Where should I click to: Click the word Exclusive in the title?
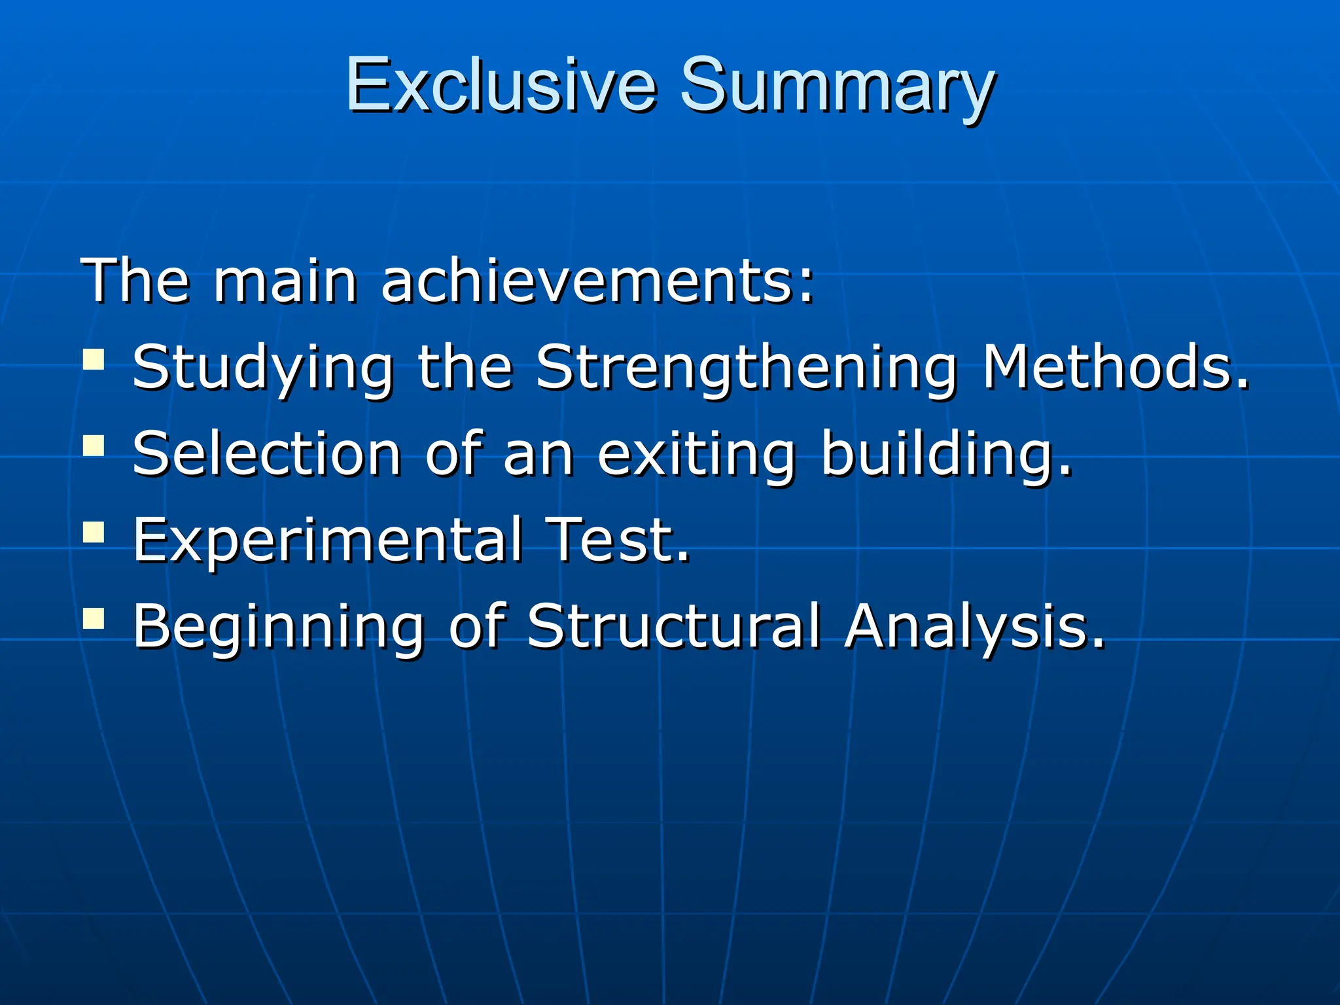[501, 85]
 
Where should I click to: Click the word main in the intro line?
[285, 281]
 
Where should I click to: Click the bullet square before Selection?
[94, 446]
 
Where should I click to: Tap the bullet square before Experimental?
[94, 532]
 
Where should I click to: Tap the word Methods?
[1116, 368]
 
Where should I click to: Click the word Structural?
[673, 626]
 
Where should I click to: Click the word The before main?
[135, 281]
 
